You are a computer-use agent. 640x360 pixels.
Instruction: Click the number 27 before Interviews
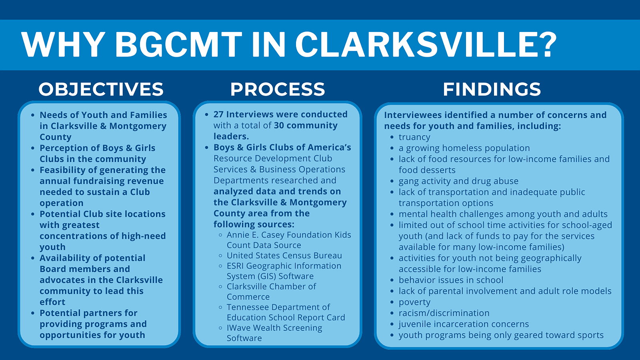(x=218, y=114)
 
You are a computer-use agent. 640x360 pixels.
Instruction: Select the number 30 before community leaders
(x=279, y=126)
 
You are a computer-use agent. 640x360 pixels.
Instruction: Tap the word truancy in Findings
(x=414, y=138)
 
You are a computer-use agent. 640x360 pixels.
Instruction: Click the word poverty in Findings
(x=414, y=302)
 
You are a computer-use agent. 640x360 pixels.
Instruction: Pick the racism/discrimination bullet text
(x=444, y=313)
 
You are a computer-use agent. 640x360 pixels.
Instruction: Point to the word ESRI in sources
(x=235, y=266)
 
